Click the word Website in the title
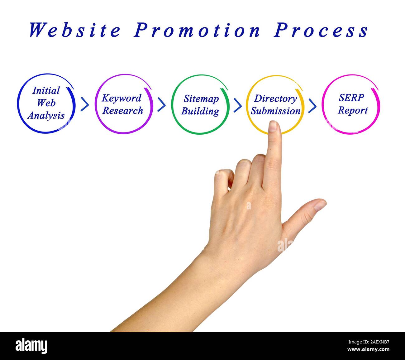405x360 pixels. (x=75, y=30)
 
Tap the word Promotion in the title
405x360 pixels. (x=197, y=30)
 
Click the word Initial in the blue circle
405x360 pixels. (x=46, y=91)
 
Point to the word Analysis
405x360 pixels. (x=46, y=116)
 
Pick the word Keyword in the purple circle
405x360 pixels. (x=121, y=98)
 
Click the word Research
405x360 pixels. (x=123, y=111)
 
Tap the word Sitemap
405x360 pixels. (x=201, y=99)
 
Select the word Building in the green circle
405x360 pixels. (x=200, y=111)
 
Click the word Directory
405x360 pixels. (x=275, y=98)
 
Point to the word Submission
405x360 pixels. (x=275, y=111)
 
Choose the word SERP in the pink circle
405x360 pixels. (x=351, y=98)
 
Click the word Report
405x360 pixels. (x=353, y=110)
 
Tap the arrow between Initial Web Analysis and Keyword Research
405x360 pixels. (x=84, y=104)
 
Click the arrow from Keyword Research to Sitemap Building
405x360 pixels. (x=161, y=104)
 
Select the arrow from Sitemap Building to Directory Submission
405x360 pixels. (x=237, y=105)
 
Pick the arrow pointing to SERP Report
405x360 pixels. (x=312, y=106)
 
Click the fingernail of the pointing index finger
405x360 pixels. (x=273, y=126)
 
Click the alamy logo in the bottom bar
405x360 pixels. (x=31, y=346)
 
